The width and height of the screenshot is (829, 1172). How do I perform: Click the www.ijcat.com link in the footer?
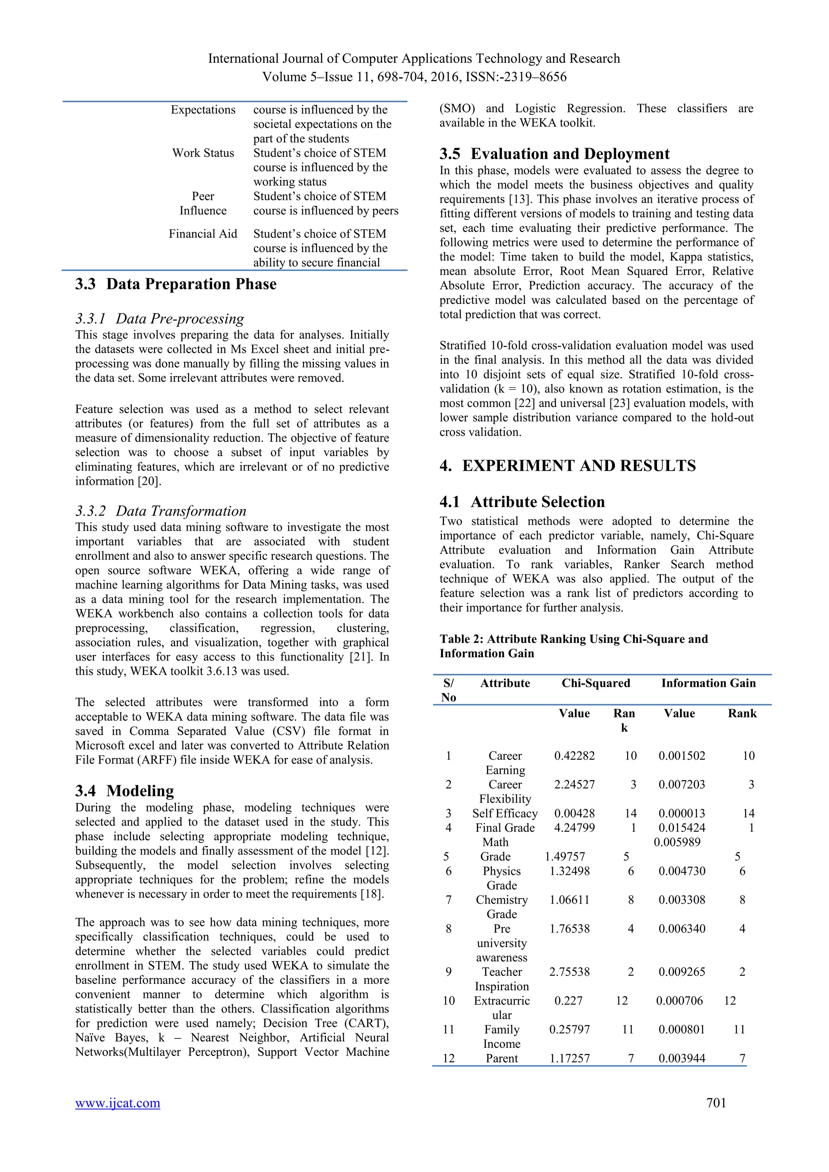117,1103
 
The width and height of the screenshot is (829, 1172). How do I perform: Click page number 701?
716,1103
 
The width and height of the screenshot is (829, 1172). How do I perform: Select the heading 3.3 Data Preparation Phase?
176,285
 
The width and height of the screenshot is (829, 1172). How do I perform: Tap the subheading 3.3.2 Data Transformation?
160,511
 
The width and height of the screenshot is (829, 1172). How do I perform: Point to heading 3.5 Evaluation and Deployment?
555,154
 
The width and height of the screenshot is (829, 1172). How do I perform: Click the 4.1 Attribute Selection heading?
522,502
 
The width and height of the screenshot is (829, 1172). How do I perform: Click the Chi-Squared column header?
596,683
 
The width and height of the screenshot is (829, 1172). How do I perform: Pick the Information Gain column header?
708,683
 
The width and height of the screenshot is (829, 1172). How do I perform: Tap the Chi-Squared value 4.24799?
574,828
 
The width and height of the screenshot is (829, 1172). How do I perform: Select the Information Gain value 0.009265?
682,972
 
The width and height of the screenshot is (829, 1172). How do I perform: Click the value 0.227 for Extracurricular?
568,1000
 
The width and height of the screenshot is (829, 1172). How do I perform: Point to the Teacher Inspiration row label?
502,979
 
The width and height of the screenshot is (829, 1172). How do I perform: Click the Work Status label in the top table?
203,153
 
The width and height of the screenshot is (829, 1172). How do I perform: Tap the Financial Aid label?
203,234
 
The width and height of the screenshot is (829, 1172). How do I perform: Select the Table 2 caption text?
573,646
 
